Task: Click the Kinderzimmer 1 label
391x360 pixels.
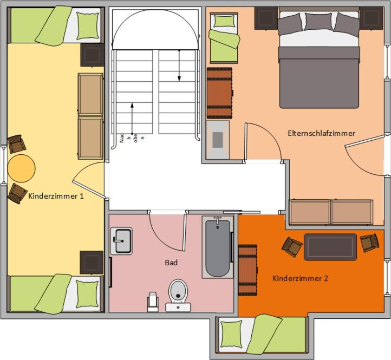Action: click(56, 196)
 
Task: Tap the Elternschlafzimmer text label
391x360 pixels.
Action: click(322, 133)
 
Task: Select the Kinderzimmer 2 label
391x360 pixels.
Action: click(300, 279)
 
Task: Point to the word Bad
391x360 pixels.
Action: click(171, 263)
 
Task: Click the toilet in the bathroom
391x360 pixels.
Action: click(178, 293)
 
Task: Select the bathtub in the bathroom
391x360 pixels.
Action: click(218, 247)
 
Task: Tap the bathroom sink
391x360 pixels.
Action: click(122, 240)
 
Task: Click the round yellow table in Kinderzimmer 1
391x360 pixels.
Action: click(22, 168)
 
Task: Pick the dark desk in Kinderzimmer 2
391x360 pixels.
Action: click(330, 246)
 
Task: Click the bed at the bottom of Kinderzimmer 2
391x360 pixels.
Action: click(262, 333)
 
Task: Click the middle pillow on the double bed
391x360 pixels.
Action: click(318, 22)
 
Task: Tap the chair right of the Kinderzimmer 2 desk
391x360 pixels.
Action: click(369, 242)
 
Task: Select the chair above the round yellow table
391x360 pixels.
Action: click(16, 144)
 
